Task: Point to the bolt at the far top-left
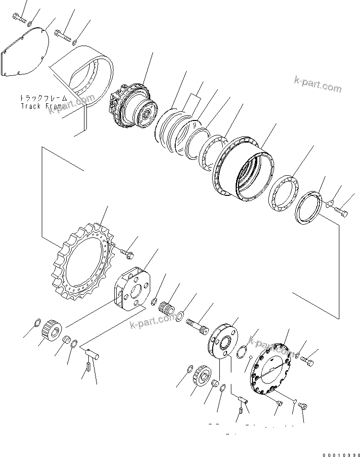[x=18, y=19]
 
